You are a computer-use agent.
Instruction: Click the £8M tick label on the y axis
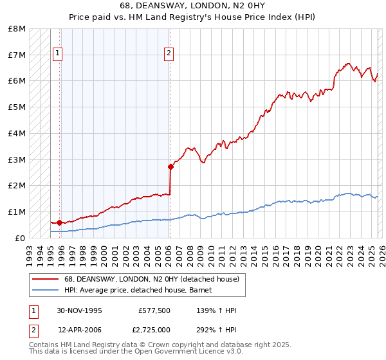pos(17,29)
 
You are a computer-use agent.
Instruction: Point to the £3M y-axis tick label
pos(17,159)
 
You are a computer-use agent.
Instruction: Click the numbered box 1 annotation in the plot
pos(58,54)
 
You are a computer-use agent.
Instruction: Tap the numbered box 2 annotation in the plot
pos(169,54)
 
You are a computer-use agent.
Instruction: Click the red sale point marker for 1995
pos(59,222)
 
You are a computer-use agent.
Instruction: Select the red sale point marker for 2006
pos(170,166)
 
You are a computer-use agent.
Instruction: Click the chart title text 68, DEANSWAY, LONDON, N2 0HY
pos(193,5)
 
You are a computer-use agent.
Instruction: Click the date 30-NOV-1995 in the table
pos(79,311)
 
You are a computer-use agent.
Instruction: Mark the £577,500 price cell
pos(154,311)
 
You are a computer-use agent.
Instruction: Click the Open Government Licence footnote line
pos(136,352)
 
